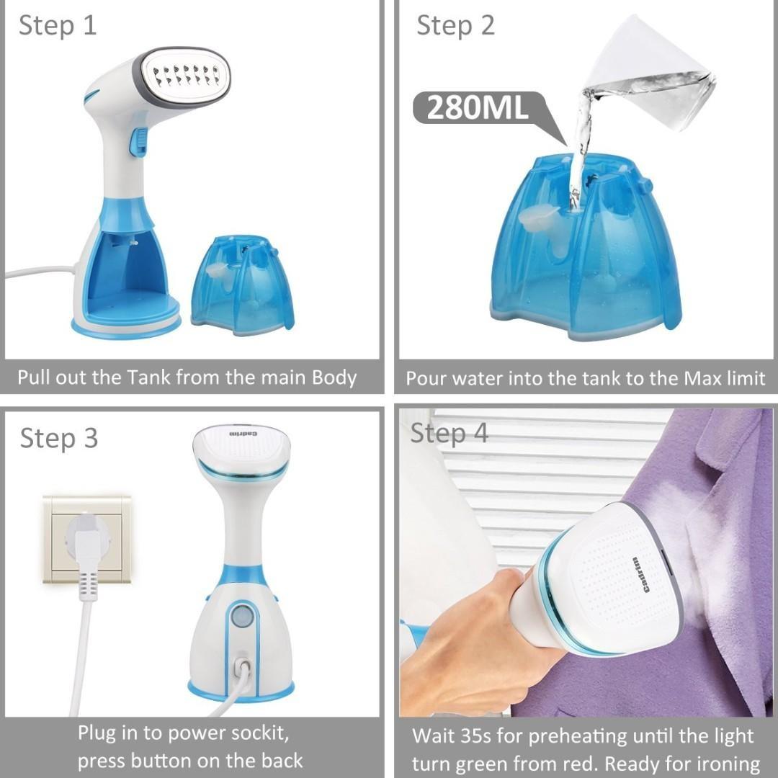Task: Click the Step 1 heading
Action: (57, 25)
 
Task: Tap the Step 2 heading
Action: (455, 25)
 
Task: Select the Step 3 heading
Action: (58, 438)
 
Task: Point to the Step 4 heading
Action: (449, 433)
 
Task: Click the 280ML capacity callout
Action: (478, 107)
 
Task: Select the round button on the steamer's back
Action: (243, 617)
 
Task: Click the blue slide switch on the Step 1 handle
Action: (138, 142)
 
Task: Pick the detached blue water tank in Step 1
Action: (243, 286)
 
